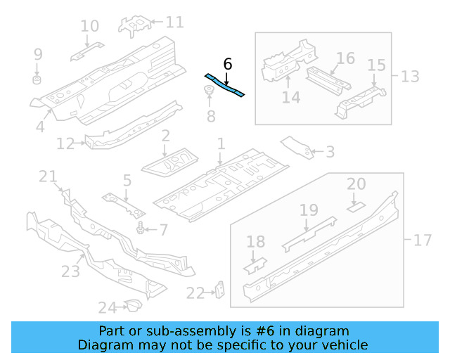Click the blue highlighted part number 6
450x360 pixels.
tap(224, 84)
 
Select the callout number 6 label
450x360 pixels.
tap(227, 64)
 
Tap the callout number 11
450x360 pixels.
tap(174, 22)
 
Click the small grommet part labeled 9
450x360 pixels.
tap(38, 75)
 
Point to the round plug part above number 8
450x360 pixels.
tap(210, 90)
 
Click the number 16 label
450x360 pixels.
tap(345, 58)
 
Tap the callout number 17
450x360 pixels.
tap(422, 240)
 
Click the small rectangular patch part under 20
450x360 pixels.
tap(356, 206)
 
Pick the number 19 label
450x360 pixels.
tap(309, 210)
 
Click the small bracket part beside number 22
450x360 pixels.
tap(220, 290)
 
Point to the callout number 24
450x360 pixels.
tap(107, 307)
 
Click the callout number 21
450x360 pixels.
tap(48, 176)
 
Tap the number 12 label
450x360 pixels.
tap(65, 144)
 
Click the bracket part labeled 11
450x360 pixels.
tap(137, 23)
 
